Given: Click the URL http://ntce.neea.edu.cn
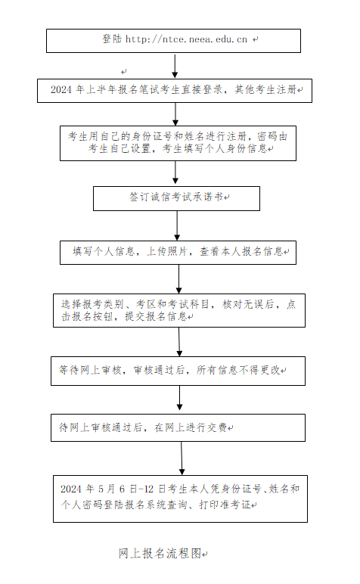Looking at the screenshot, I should (x=186, y=39).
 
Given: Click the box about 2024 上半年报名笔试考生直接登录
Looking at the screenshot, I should (x=173, y=91).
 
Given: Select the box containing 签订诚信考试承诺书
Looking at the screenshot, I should (x=176, y=197).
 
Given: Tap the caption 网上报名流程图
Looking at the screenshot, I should (x=160, y=553).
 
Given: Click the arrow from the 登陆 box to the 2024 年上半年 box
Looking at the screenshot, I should (x=175, y=66).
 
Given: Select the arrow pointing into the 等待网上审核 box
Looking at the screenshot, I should (x=179, y=341).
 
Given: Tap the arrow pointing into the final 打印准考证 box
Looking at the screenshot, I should (x=182, y=458).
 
